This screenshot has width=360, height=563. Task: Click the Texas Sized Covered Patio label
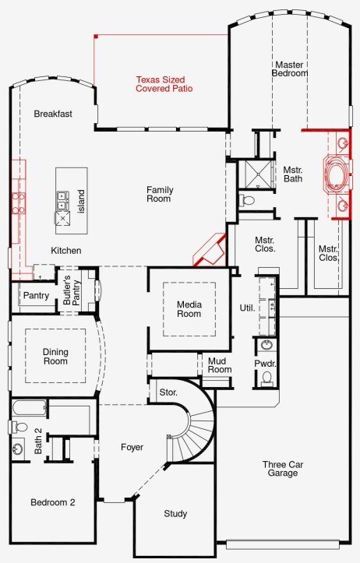point(164,84)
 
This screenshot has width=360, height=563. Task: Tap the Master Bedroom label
point(290,69)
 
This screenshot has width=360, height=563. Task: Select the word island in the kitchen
point(82,202)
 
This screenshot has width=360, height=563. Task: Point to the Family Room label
point(160,194)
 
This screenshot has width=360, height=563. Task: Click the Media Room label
point(189,309)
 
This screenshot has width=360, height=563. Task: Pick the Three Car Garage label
point(283,469)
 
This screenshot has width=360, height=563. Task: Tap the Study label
point(175,514)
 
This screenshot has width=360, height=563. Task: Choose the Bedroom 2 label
point(53,502)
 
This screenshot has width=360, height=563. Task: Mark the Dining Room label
point(55,357)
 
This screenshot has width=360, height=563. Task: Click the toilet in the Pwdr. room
point(266,378)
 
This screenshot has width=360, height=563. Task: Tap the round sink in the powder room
point(266,346)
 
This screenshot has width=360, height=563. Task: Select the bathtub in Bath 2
point(29,408)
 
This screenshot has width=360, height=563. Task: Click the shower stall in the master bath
point(258,174)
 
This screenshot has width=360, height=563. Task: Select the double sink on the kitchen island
point(62,201)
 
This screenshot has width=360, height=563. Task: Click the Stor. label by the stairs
point(168,392)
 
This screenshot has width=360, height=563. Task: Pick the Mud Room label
point(220,365)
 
